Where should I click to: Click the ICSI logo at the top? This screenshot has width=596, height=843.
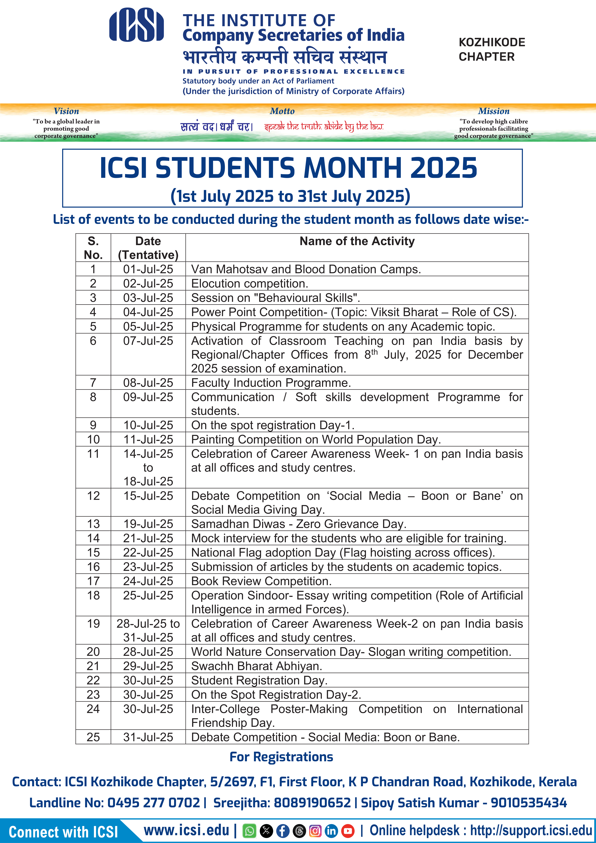point(136,25)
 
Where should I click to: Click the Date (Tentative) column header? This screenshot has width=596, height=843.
point(148,248)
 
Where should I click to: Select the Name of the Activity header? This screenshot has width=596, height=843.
point(357,241)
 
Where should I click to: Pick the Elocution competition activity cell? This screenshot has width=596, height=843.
point(250,283)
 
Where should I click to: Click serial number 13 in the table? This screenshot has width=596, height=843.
point(93,524)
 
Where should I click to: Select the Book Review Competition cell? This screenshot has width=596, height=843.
point(261,581)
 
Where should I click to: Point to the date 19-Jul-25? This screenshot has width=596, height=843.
point(148,524)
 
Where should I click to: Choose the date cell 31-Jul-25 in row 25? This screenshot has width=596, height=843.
point(148,737)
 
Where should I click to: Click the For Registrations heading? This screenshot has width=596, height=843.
point(281,757)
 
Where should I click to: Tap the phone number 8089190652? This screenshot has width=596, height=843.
point(312,803)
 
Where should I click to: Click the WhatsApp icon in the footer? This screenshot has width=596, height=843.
point(250,831)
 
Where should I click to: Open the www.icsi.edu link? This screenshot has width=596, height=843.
point(187,830)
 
